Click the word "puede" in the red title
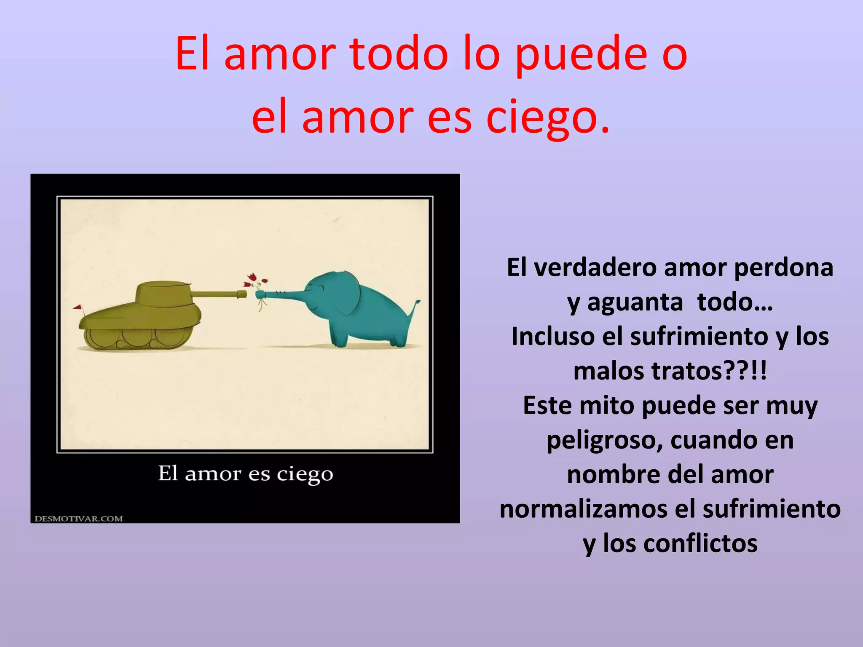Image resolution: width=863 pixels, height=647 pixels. click(x=581, y=55)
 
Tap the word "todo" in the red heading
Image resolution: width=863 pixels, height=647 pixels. click(x=399, y=55)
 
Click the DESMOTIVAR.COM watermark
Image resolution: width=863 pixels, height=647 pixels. click(x=79, y=519)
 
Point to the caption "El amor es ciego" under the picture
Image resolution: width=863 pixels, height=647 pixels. click(x=245, y=474)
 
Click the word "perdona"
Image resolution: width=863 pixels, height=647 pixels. click(x=783, y=267)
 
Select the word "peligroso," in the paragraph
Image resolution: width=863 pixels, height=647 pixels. click(x=604, y=440)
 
